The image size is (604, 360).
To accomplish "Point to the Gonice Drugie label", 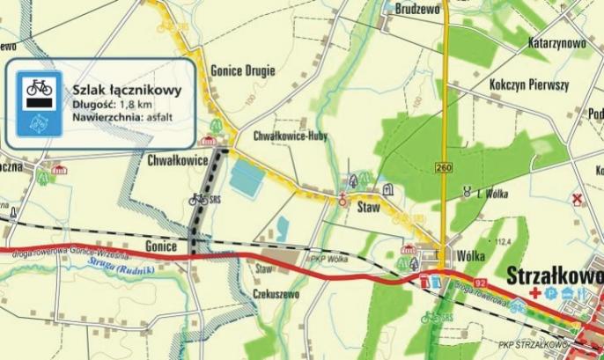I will pos(243,70).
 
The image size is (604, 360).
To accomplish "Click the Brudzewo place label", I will pos(417,9).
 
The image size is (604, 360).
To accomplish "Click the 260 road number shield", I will pos(443,166).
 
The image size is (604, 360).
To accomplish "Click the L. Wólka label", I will pos(494,194).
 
